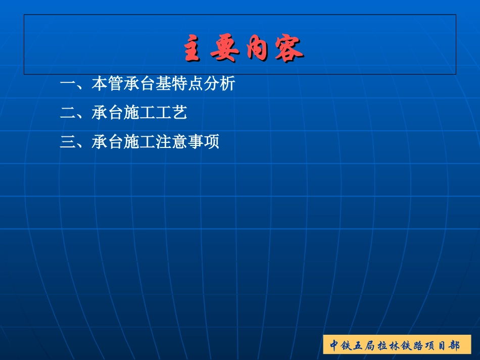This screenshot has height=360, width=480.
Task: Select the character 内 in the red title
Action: [x=257, y=49]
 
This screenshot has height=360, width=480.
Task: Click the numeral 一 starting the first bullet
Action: [x=68, y=84]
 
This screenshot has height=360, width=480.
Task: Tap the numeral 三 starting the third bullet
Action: [x=68, y=142]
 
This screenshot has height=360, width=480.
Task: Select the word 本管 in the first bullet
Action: [x=107, y=84]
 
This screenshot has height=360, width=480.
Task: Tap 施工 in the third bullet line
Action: [x=139, y=142]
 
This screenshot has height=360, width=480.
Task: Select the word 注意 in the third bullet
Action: [x=172, y=142]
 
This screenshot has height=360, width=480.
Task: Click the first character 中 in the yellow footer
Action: [x=334, y=346]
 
